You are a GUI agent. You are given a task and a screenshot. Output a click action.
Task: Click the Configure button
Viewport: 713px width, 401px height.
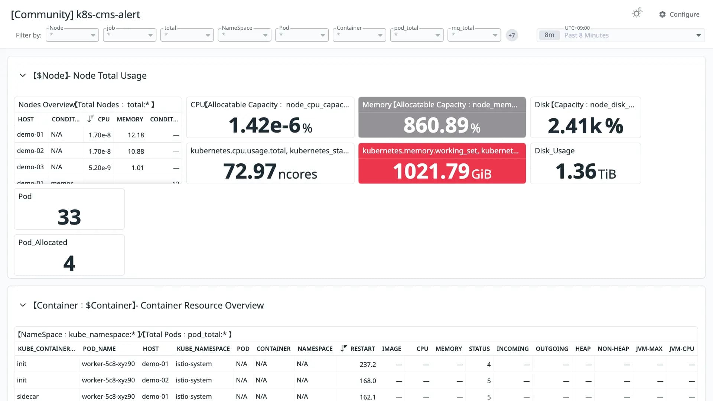(x=679, y=14)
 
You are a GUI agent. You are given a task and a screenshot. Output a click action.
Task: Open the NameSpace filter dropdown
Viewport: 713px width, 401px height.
(x=244, y=35)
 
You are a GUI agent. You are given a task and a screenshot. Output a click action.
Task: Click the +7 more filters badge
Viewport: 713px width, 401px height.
(x=512, y=35)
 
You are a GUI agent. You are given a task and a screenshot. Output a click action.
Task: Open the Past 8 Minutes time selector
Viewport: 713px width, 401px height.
(x=621, y=35)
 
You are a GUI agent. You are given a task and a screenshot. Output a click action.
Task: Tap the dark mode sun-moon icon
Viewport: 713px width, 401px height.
(x=637, y=13)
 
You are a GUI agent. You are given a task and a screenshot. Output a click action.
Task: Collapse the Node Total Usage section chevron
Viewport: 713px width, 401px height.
(x=23, y=75)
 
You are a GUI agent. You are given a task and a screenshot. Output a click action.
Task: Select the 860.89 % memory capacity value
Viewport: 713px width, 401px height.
(x=442, y=125)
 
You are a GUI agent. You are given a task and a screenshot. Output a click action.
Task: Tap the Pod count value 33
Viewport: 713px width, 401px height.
(x=69, y=217)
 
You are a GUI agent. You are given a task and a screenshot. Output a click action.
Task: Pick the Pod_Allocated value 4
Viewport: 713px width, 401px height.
(x=69, y=263)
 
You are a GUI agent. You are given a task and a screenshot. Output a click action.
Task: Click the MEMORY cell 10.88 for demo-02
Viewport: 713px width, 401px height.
(x=136, y=151)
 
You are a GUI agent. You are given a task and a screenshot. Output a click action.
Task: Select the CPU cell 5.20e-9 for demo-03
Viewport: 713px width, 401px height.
(x=100, y=167)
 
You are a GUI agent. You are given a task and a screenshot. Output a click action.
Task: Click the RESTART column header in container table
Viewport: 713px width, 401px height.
(x=362, y=349)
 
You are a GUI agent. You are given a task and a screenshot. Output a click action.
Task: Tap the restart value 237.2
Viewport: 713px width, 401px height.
(x=368, y=364)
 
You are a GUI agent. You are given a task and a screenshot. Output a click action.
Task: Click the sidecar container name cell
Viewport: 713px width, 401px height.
(x=27, y=396)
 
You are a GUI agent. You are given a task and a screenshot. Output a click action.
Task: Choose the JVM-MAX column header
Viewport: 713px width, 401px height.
(x=649, y=349)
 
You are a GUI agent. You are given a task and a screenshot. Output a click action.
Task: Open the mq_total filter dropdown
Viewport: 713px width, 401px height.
(x=474, y=35)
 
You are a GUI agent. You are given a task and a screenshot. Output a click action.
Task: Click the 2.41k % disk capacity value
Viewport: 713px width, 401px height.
(x=586, y=125)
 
